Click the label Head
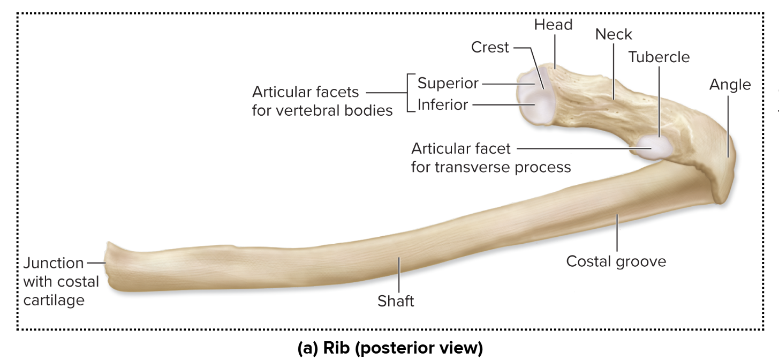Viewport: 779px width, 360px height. click(553, 25)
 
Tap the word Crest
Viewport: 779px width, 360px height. click(490, 48)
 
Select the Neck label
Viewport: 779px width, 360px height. click(614, 34)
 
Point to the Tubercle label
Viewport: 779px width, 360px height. click(659, 57)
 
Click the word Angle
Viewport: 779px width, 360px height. click(730, 85)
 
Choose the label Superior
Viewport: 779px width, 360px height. click(448, 84)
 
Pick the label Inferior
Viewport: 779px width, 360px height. click(442, 104)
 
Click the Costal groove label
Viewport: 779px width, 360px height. click(616, 261)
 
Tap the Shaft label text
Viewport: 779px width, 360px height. click(396, 302)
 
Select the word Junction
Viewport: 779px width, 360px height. click(54, 263)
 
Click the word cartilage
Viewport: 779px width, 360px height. click(54, 300)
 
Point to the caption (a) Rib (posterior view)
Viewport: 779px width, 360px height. click(390, 348)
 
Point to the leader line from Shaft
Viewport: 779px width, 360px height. click(398, 276)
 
